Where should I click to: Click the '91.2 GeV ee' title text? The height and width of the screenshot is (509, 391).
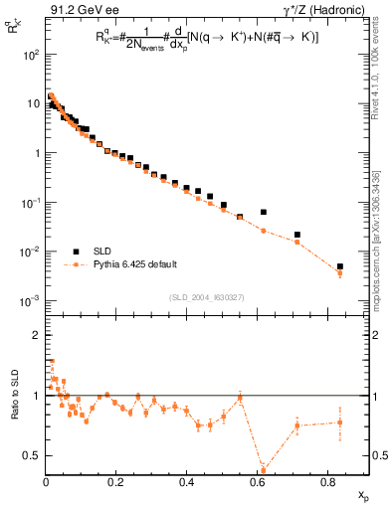coord(79,9)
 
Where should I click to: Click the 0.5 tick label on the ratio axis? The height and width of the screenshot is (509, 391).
coord(32,455)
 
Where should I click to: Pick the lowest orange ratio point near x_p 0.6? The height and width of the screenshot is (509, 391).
coord(264,469)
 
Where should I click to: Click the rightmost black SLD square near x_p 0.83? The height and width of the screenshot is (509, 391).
coord(339,266)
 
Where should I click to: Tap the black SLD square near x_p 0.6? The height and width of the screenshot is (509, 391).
coord(264,212)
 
